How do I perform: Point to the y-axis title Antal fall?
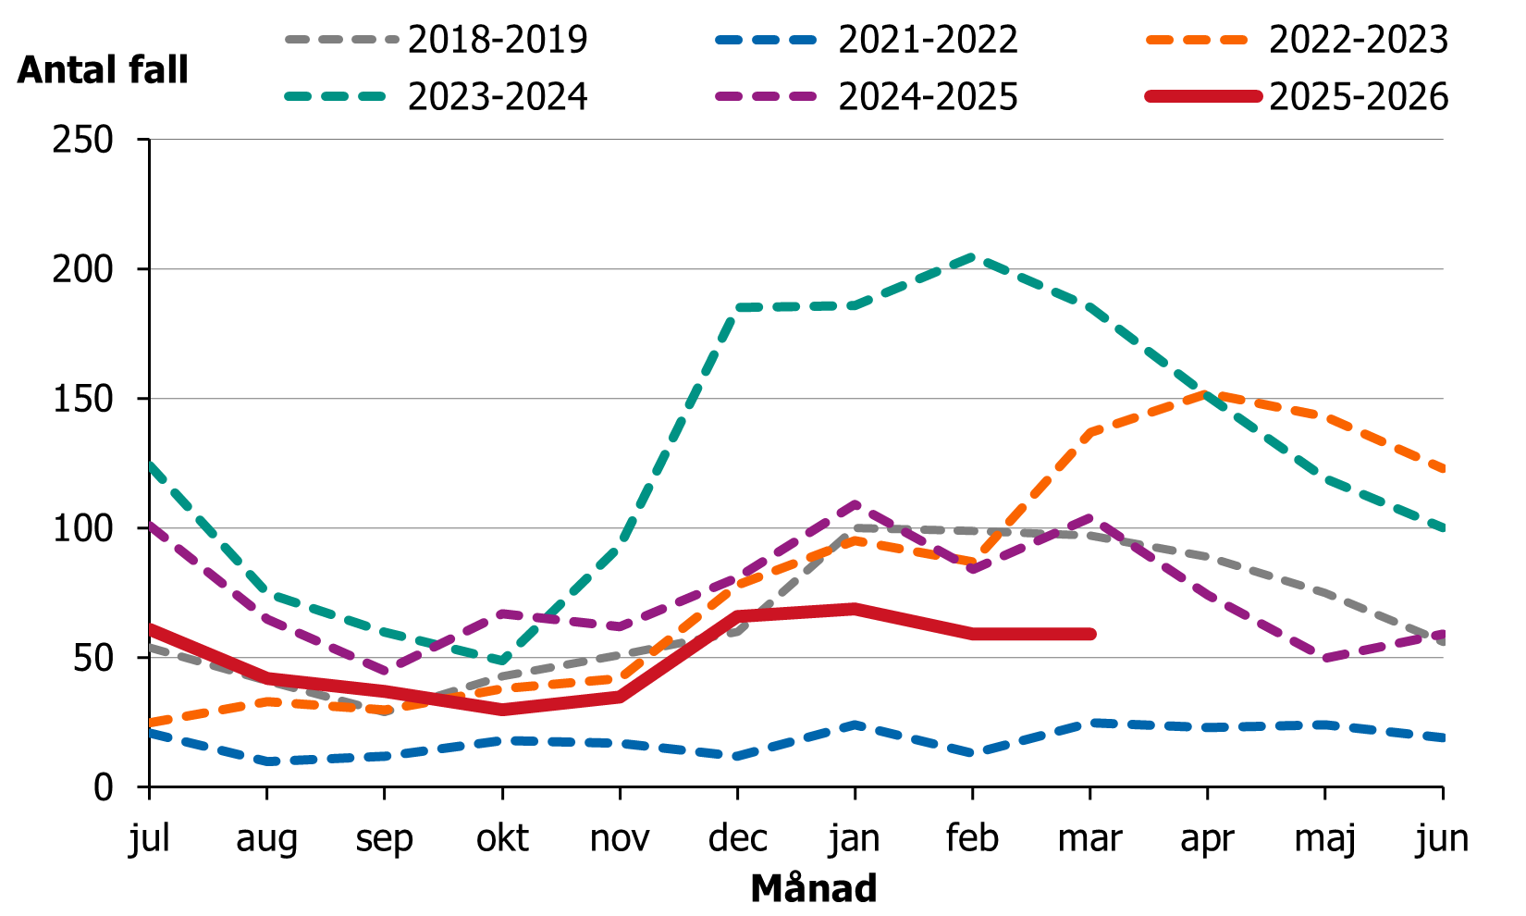pyautogui.click(x=103, y=70)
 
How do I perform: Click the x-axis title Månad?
pyautogui.click(x=813, y=888)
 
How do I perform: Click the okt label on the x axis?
pyautogui.click(x=502, y=838)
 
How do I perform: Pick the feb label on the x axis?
pyautogui.click(x=972, y=838)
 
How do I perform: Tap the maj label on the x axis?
pyautogui.click(x=1325, y=838)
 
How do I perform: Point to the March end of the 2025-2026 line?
pyautogui.click(x=1090, y=634)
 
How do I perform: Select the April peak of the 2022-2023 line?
pyautogui.click(x=1208, y=393)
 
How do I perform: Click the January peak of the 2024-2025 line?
pyautogui.click(x=855, y=504)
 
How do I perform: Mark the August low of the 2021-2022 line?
pyautogui.click(x=267, y=761)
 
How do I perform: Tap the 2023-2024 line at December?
pyautogui.click(x=738, y=307)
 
